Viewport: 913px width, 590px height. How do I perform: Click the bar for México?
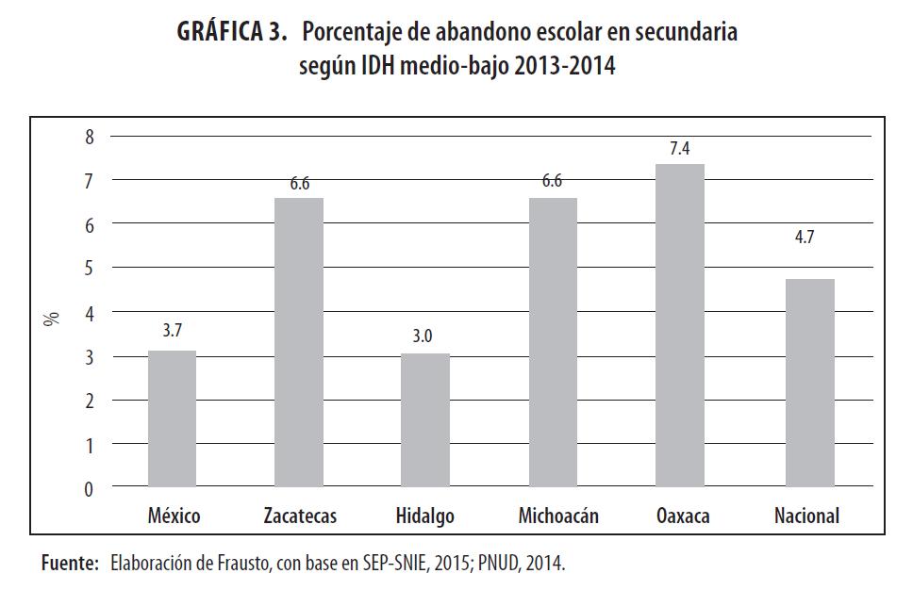pyautogui.click(x=173, y=419)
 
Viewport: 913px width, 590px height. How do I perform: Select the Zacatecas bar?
pyautogui.click(x=299, y=343)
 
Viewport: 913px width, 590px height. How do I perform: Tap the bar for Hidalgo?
pyautogui.click(x=425, y=420)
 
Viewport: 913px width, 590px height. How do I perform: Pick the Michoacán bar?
pyautogui.click(x=553, y=343)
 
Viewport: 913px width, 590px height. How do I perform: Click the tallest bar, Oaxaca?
pyautogui.click(x=679, y=326)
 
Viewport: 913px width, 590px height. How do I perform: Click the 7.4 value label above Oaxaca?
pyautogui.click(x=679, y=149)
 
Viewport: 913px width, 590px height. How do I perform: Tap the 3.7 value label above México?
pyautogui.click(x=173, y=331)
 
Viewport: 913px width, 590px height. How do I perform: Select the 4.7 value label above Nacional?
pyautogui.click(x=805, y=238)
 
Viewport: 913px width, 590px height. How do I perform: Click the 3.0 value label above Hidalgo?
pyautogui.click(x=423, y=335)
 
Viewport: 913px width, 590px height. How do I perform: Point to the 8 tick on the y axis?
pyautogui.click(x=90, y=137)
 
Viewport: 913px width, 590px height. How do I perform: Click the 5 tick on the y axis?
pyautogui.click(x=90, y=269)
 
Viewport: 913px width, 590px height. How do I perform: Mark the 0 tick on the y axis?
pyautogui.click(x=90, y=489)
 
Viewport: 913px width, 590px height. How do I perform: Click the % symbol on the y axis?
pyautogui.click(x=53, y=319)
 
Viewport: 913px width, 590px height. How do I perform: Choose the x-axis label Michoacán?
pyautogui.click(x=558, y=516)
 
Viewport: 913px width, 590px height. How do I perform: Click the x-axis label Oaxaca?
pyautogui.click(x=683, y=516)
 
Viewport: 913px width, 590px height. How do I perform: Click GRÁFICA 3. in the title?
pyautogui.click(x=231, y=32)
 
